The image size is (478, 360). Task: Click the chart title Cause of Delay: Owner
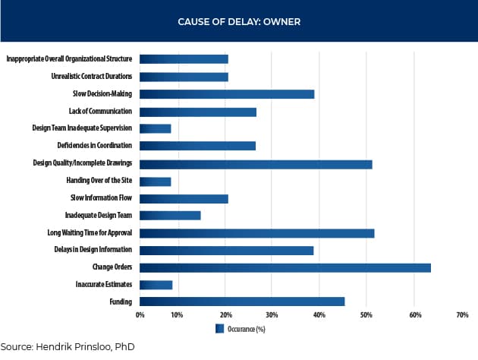pos(239,21)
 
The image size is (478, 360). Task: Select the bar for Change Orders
pos(285,267)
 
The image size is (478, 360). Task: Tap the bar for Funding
pos(242,302)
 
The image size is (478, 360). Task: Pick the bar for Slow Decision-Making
pos(227,94)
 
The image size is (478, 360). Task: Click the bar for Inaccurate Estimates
pos(156,285)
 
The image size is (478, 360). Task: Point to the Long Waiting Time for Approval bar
pos(257,233)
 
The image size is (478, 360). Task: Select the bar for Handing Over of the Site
pos(156,181)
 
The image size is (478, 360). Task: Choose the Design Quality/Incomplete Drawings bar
pos(256,163)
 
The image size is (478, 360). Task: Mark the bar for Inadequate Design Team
pos(170,216)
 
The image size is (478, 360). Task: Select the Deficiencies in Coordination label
pos(93,146)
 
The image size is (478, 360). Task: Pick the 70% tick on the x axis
pos(463,314)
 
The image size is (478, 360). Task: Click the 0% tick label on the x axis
pos(140,314)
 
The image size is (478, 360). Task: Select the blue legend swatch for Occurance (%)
pos(220,329)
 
